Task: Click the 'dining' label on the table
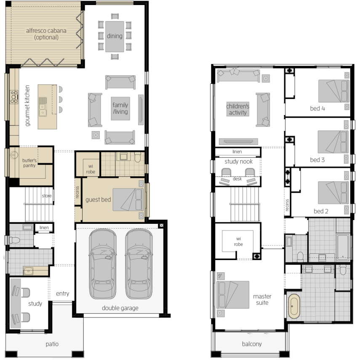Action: pyautogui.click(x=115, y=36)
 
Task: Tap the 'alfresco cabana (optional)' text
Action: pyautogui.click(x=46, y=34)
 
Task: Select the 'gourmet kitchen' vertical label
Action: pyautogui.click(x=27, y=105)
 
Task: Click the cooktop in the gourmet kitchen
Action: pyautogui.click(x=14, y=97)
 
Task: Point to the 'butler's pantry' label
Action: pyautogui.click(x=29, y=163)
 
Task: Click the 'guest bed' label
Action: pyautogui.click(x=98, y=199)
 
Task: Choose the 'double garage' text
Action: pyautogui.click(x=120, y=308)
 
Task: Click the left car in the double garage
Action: pyautogui.click(x=102, y=264)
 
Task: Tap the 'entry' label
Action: pyautogui.click(x=62, y=293)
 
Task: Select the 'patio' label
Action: pyautogui.click(x=52, y=344)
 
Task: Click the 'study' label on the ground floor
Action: pyautogui.click(x=35, y=304)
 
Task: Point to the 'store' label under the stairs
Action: pyautogui.click(x=47, y=196)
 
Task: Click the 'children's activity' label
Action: pyautogui.click(x=237, y=110)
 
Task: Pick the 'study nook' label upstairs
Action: pyautogui.click(x=239, y=161)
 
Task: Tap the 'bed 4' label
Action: pyautogui.click(x=317, y=108)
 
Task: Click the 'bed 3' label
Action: pyautogui.click(x=317, y=160)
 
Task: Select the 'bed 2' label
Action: pyautogui.click(x=321, y=211)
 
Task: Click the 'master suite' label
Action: pyautogui.click(x=262, y=300)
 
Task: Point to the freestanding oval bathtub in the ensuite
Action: pyautogui.click(x=294, y=306)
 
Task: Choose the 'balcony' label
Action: pyautogui.click(x=252, y=344)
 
